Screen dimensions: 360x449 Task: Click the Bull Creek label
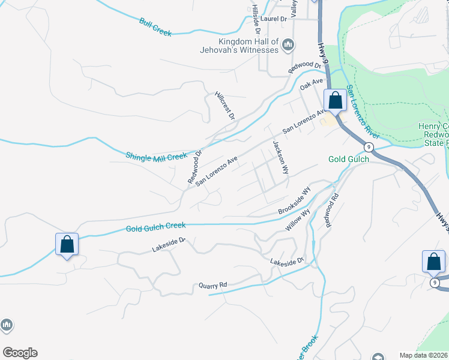tap(155, 27)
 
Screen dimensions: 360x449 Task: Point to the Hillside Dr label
tap(256, 20)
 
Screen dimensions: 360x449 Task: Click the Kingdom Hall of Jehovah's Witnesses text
tap(249, 46)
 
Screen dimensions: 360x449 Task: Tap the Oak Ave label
tap(312, 85)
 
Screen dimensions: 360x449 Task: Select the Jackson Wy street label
tap(280, 157)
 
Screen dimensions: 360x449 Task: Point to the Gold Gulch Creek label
tap(155, 227)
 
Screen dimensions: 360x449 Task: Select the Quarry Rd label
tap(213, 286)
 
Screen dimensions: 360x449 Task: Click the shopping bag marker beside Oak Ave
tap(334, 100)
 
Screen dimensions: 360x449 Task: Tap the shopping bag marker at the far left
tap(67, 244)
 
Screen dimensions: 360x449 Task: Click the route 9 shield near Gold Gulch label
tap(369, 147)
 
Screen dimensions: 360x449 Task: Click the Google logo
tap(20, 353)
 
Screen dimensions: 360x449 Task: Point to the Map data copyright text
tap(424, 355)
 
